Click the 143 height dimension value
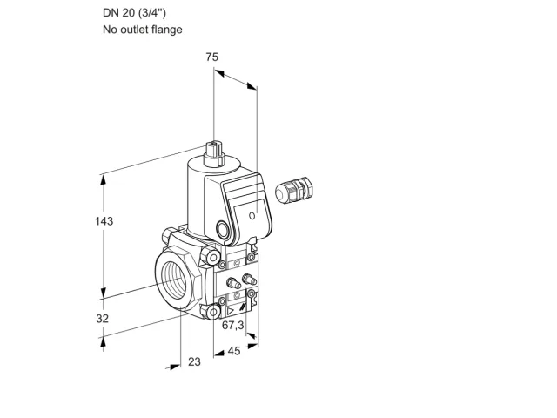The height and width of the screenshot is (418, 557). pyautogui.click(x=104, y=221)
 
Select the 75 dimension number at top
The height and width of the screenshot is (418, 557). pyautogui.click(x=212, y=57)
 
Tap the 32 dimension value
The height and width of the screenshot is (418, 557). pyautogui.click(x=103, y=319)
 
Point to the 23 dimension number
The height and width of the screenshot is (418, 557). pyautogui.click(x=194, y=362)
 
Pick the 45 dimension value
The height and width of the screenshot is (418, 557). pyautogui.click(x=234, y=351)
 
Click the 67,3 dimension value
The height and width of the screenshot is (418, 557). pyautogui.click(x=233, y=325)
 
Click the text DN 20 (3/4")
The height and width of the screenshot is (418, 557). pyautogui.click(x=134, y=13)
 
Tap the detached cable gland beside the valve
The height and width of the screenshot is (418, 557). pyautogui.click(x=294, y=190)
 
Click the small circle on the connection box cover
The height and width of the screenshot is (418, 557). pyautogui.click(x=252, y=216)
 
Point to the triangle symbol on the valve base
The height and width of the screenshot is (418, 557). pyautogui.click(x=231, y=312)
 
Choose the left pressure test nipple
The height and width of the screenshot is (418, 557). pyautogui.click(x=232, y=283)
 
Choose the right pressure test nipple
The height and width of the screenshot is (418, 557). pyautogui.click(x=249, y=279)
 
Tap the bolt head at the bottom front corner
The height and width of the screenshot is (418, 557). pyautogui.click(x=212, y=312)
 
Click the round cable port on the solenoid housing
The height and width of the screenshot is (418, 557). pyautogui.click(x=223, y=229)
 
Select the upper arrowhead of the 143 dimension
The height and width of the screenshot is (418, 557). pyautogui.click(x=104, y=181)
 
